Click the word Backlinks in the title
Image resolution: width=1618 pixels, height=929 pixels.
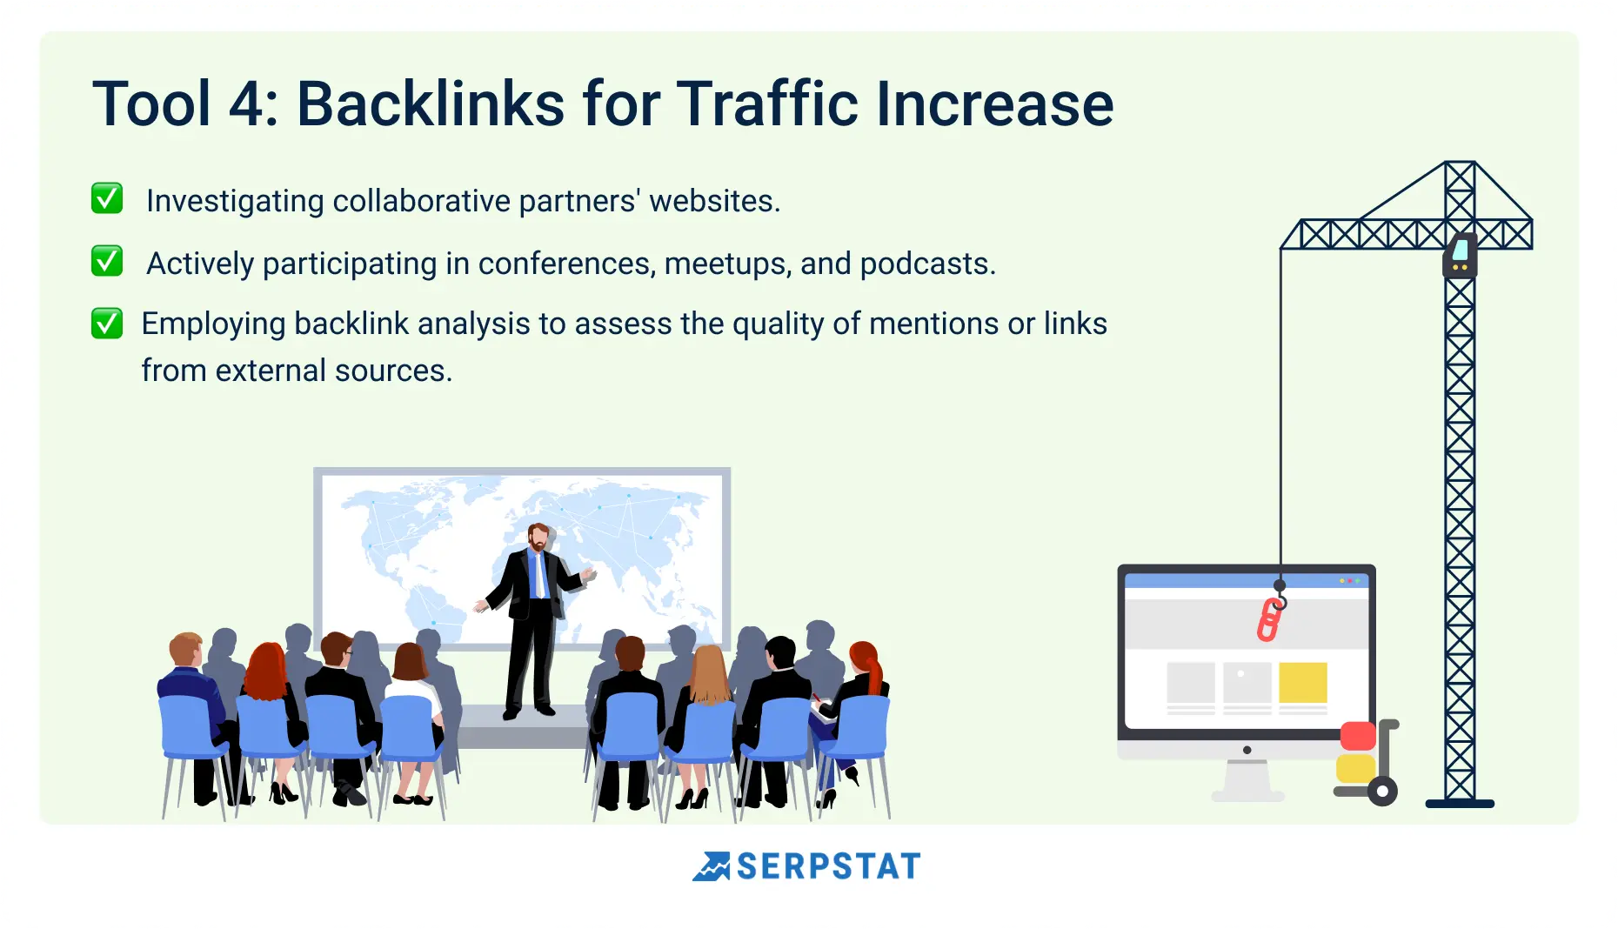pos(431,104)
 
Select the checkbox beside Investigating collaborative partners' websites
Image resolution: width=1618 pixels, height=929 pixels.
pos(107,198)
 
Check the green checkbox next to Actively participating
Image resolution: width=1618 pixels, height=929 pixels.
pos(107,261)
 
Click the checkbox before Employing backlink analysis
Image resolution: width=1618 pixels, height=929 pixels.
pos(107,324)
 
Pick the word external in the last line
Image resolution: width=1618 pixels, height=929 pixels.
pos(271,371)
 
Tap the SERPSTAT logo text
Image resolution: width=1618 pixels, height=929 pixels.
pos(828,866)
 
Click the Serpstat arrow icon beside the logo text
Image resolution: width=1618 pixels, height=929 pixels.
pos(712,866)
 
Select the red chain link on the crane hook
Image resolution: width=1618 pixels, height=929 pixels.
pos(1270,620)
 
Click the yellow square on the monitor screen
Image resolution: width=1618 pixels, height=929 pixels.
pos(1303,683)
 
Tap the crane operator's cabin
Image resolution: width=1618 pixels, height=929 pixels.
pos(1461,255)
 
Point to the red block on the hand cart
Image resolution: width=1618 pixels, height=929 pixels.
pos(1358,736)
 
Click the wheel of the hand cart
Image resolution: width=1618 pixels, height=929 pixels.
pos(1382,792)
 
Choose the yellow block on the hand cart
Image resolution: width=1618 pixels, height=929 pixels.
pos(1355,768)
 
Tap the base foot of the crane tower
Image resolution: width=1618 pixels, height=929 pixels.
pos(1460,804)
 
